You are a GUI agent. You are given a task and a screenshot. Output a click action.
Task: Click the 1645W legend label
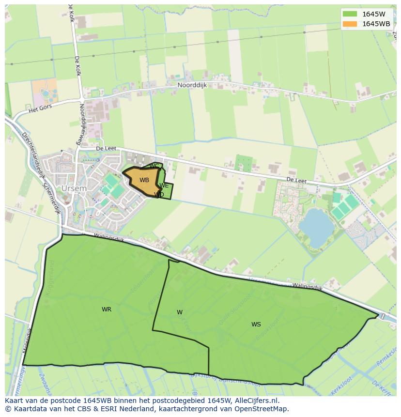373,14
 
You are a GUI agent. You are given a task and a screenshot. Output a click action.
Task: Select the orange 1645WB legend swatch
349,24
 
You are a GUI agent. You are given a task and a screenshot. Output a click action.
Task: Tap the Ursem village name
74,188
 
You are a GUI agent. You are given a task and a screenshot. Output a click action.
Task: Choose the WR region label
107,309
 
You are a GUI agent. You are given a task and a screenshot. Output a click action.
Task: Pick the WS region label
256,324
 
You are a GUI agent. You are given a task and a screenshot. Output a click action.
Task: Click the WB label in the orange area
144,180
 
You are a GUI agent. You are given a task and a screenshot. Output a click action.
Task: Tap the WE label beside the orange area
164,185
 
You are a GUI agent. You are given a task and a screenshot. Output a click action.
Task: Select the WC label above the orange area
154,167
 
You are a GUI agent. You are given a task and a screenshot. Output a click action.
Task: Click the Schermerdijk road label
51,199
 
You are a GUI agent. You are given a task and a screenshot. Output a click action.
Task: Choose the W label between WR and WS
180,312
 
